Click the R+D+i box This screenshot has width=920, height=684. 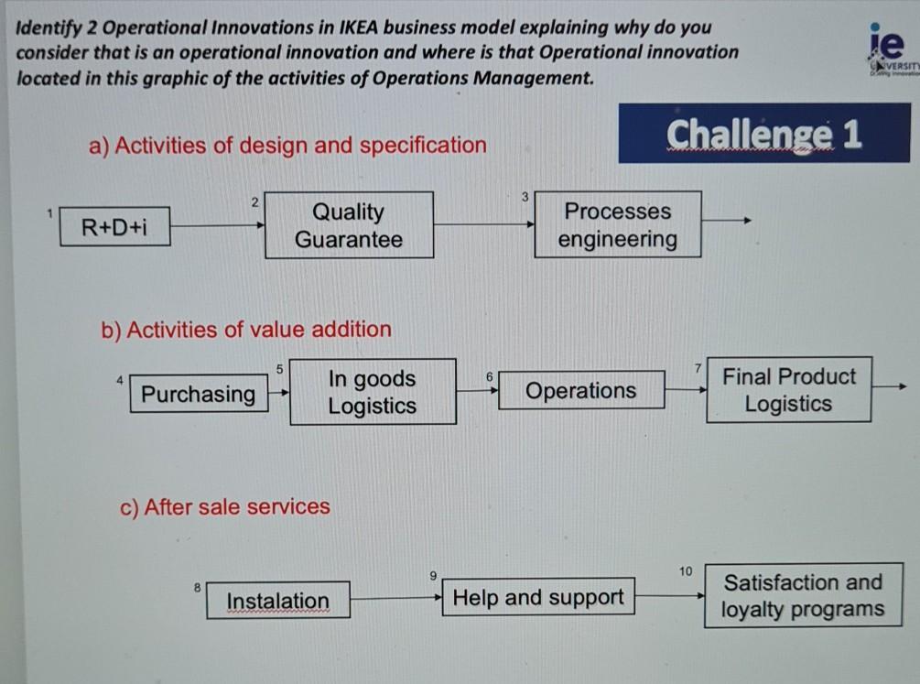coord(114,226)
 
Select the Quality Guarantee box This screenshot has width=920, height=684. coord(349,225)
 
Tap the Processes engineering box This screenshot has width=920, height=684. coord(618,225)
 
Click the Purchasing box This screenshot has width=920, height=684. coord(199,395)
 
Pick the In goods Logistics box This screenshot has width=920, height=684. coord(373,392)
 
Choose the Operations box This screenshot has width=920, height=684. coord(581,391)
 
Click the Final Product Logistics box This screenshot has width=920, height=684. coord(788,390)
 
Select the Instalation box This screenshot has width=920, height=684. coord(277,601)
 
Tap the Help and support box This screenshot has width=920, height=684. coord(538,598)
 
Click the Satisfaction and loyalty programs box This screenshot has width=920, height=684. coord(803,596)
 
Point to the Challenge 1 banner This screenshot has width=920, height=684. coord(764,134)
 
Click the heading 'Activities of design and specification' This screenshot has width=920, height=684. coord(288,146)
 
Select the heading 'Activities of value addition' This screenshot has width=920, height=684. coord(246,330)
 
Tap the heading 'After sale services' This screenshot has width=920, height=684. coord(225,507)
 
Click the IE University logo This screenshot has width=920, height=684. coord(886,50)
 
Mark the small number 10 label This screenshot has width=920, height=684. coord(686,571)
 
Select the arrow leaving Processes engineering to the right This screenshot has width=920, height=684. coord(728,221)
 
